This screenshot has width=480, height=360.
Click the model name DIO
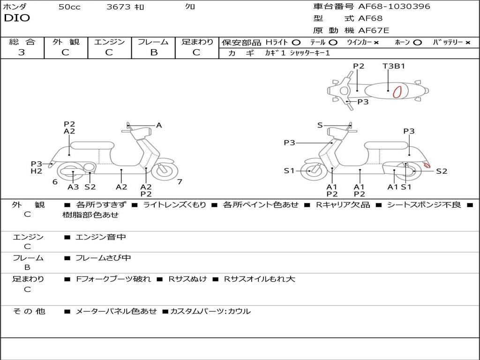click(17, 18)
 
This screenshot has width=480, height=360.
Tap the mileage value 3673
click(119, 7)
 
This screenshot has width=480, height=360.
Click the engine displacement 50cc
click(69, 7)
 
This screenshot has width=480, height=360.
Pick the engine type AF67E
click(374, 31)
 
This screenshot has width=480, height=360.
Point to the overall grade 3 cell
click(22, 52)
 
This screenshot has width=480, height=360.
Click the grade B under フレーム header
click(153, 52)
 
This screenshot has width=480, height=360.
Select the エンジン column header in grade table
click(109, 42)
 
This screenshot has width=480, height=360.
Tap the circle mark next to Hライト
click(296, 42)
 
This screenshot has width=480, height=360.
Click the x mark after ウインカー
click(376, 42)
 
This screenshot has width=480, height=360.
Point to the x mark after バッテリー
click(467, 42)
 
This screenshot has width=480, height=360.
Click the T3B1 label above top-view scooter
click(394, 66)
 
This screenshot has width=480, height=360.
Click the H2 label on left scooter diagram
click(37, 171)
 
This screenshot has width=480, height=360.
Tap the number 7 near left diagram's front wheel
click(180, 182)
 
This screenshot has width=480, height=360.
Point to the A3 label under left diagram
click(73, 187)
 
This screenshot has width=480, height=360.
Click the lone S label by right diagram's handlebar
click(320, 125)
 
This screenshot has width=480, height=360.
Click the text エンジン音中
click(100, 237)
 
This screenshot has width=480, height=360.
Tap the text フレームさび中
click(103, 258)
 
